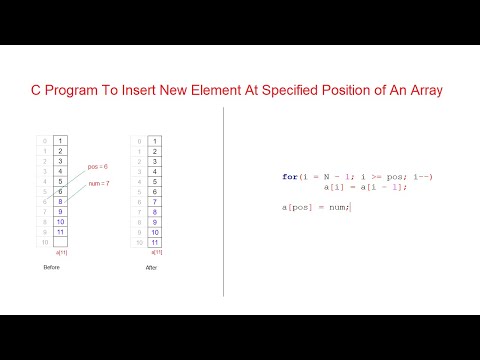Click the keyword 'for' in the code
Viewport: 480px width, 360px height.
289,177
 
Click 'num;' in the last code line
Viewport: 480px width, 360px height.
342,206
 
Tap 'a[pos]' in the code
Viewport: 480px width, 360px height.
296,206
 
